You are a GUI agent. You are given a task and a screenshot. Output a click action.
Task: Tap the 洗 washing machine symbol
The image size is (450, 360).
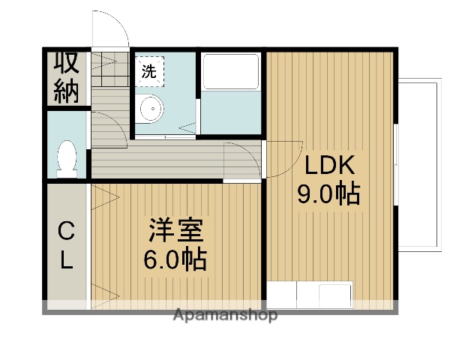click(149, 72)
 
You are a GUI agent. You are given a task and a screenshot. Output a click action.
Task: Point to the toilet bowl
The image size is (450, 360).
click(67, 158)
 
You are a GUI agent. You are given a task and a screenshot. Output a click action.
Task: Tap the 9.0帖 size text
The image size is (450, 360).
click(328, 194)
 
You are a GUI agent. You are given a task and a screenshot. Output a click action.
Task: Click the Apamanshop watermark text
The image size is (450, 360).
click(224, 315)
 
